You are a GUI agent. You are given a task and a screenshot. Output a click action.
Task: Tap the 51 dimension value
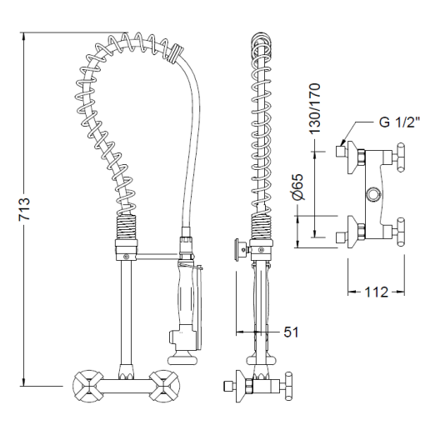coord(291,332)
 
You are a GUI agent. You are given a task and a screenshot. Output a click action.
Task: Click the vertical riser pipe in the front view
coord(125,308)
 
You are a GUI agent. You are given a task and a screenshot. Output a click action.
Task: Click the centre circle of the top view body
coord(375,194)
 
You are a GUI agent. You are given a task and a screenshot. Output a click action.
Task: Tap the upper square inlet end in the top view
coord(340,152)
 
